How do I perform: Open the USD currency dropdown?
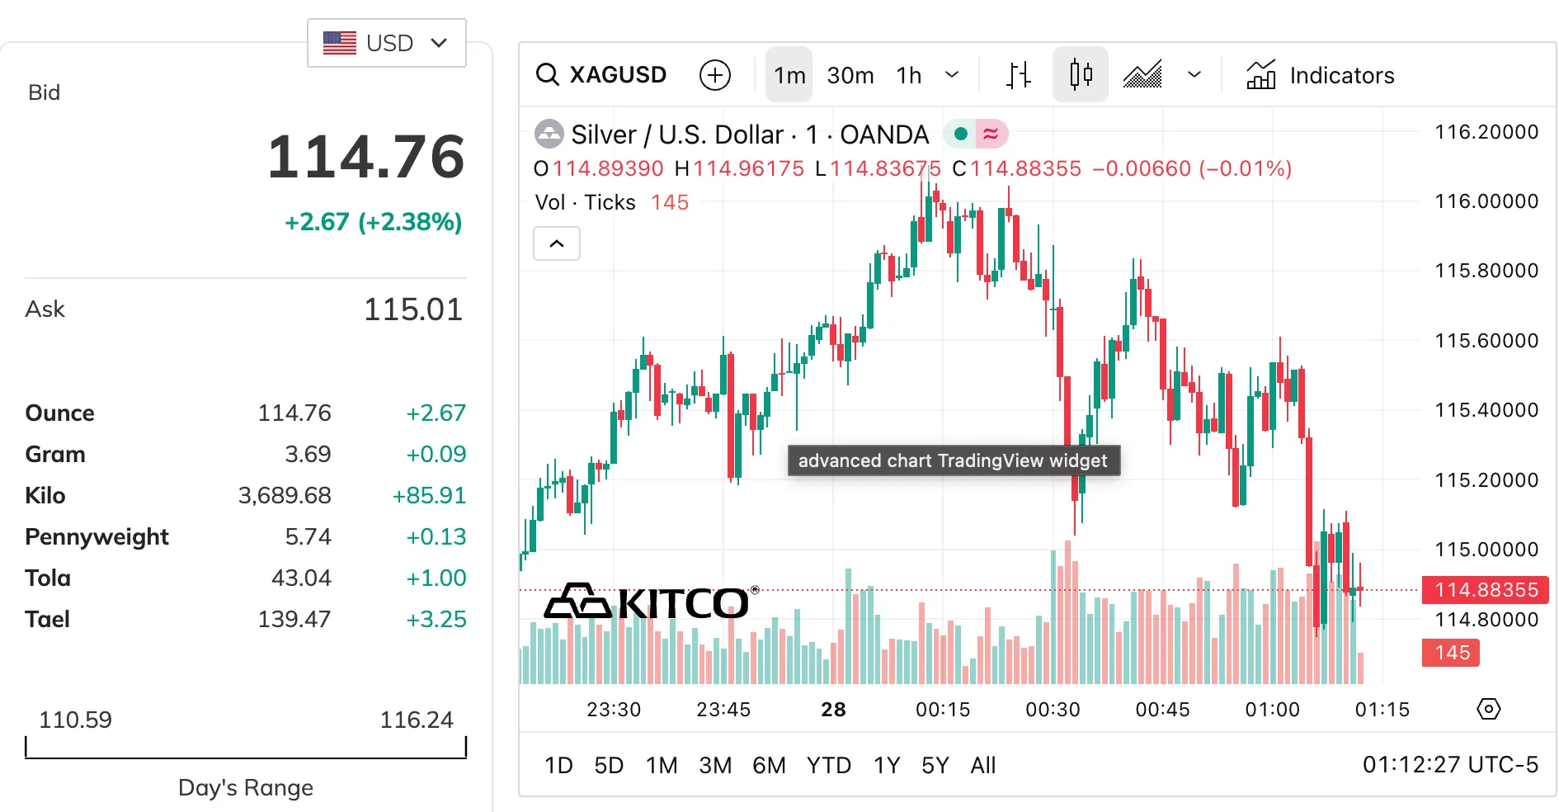tap(386, 43)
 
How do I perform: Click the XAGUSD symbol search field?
tap(602, 75)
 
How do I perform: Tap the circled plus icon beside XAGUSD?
tap(714, 75)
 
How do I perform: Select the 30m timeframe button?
tap(850, 75)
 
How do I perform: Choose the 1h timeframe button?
tap(909, 75)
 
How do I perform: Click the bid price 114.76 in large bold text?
tap(365, 157)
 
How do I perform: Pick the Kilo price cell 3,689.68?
tap(285, 495)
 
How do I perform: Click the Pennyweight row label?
tap(97, 536)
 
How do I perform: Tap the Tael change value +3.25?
tap(436, 619)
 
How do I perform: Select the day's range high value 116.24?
tap(416, 720)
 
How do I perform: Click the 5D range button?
tap(609, 766)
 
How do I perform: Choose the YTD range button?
tap(828, 766)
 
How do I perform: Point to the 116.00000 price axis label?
tap(1486, 201)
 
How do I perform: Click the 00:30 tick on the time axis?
tap(1053, 710)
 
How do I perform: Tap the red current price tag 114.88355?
tap(1486, 590)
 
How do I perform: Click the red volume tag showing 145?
tap(1451, 653)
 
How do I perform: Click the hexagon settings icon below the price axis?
tap(1488, 709)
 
